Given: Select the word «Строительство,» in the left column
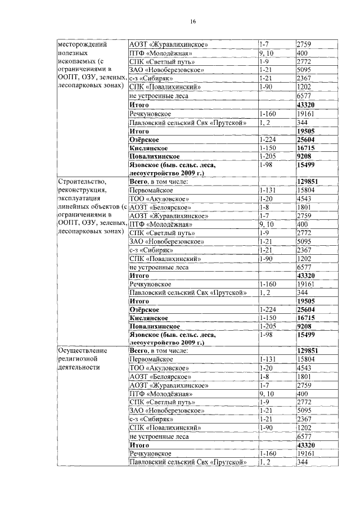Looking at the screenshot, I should point(83,182).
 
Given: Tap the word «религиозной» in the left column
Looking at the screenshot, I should point(79,358).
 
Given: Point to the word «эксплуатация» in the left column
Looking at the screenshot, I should point(80,199).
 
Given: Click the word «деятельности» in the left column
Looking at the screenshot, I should point(79,367).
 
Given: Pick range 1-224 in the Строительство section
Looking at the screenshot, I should point(268,309).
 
